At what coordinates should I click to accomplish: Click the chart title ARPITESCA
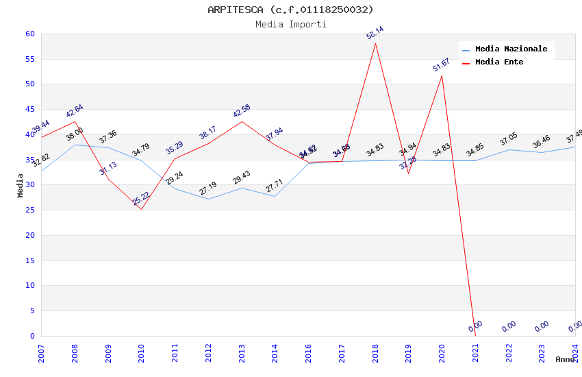290,10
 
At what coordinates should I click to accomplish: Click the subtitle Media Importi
290,24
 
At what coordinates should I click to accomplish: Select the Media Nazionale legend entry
511,49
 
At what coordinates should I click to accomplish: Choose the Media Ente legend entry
499,62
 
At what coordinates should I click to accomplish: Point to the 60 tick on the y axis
29,34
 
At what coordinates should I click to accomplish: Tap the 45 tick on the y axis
29,109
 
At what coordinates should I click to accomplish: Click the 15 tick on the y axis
29,260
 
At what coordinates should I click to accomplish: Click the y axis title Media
21,185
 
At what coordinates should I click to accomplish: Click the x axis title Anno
565,359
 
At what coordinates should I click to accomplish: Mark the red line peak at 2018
375,43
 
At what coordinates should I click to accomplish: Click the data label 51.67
441,65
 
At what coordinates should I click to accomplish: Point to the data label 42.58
241,111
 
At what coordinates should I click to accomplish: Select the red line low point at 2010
142,209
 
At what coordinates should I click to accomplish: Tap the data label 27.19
208,188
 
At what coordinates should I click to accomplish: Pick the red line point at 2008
75,121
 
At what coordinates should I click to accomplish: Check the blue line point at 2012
208,199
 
